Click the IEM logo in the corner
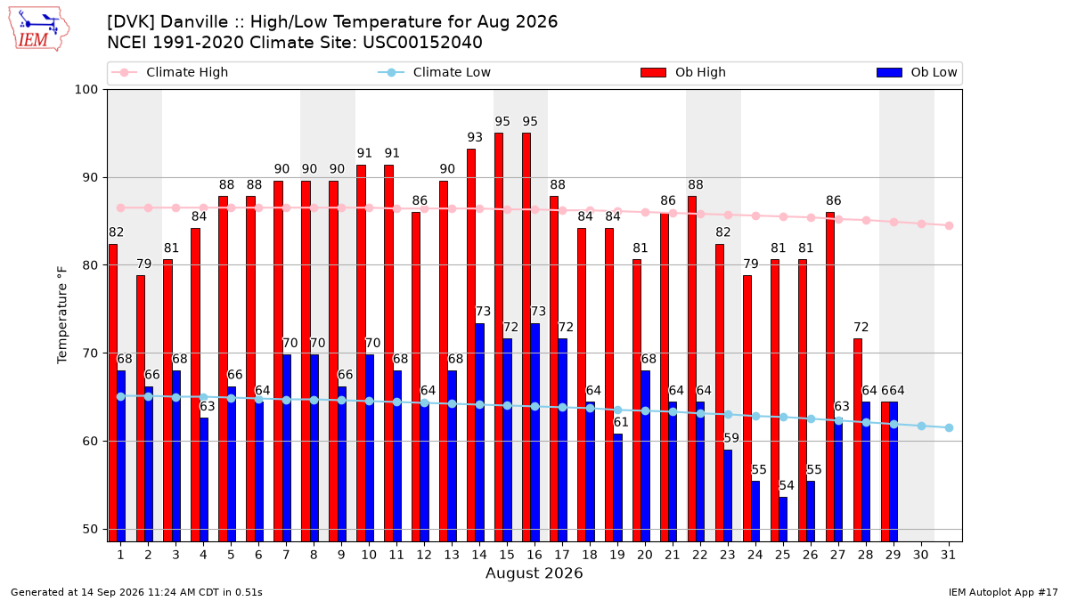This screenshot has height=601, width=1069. point(39,29)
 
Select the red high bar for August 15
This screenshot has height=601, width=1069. point(499,337)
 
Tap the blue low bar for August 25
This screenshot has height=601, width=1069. point(783,519)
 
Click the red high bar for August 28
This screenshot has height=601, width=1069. point(858,440)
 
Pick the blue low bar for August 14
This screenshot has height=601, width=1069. point(479,433)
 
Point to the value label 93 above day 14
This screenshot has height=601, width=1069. point(475,137)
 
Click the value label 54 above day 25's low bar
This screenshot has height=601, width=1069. point(787,485)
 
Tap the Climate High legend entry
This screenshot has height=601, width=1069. point(169,72)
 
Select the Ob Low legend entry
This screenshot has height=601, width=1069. point(917,72)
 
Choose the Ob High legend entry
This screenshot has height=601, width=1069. point(683,72)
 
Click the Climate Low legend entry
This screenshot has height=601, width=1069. point(435,72)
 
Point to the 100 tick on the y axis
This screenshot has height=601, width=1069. point(86,90)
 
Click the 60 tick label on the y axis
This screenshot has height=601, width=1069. point(90,442)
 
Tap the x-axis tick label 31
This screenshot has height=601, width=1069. point(948,555)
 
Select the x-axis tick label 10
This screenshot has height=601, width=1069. point(369,555)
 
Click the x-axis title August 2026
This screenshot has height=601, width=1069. point(534,573)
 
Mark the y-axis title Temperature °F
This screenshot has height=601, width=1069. point(62,315)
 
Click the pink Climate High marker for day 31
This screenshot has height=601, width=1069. point(949,225)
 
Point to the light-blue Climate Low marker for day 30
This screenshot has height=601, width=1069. point(921,426)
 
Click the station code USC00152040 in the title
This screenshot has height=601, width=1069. point(422,43)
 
